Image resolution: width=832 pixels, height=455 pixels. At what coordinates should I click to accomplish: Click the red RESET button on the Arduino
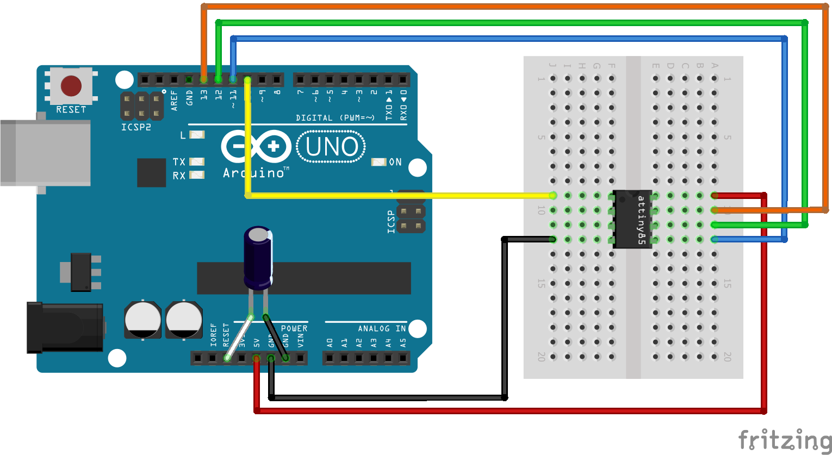(71, 86)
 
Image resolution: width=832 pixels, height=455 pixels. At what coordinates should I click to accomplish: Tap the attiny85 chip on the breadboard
(633, 219)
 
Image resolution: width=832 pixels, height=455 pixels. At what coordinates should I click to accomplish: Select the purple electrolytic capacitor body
(258, 258)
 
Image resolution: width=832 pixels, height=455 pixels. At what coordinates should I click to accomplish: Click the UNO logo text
(331, 147)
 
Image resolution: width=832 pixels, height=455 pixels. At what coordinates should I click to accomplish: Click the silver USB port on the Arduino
(46, 153)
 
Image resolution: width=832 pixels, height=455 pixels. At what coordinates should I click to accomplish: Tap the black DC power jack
(65, 327)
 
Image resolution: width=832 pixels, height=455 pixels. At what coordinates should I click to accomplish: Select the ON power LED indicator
(378, 162)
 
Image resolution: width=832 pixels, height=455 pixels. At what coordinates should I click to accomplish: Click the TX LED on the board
(196, 161)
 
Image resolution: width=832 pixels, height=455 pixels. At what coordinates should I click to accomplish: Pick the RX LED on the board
(196, 175)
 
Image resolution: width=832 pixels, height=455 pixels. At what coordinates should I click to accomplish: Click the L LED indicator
(196, 134)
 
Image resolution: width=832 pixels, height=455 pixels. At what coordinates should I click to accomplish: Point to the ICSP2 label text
(136, 127)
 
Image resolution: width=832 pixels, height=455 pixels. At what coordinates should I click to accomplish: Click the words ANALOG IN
(382, 328)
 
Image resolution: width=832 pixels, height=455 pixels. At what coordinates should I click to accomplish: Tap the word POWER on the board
(294, 328)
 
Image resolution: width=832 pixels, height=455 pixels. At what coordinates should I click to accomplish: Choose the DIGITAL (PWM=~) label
(335, 117)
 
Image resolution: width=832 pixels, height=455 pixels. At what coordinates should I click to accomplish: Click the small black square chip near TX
(151, 173)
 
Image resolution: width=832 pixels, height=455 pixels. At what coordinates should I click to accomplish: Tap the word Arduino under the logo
(253, 173)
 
